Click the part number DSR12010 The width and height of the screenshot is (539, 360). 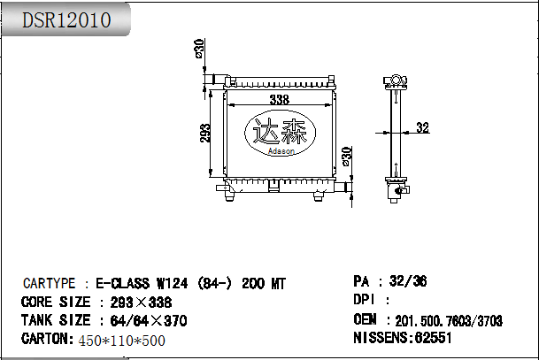click(x=66, y=20)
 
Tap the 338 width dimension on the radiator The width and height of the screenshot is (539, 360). click(x=280, y=100)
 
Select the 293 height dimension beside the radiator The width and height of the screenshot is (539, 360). click(x=204, y=133)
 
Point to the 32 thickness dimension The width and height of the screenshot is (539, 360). click(x=423, y=127)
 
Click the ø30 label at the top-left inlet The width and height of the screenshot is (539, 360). click(x=199, y=49)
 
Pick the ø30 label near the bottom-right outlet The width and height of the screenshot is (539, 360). click(x=347, y=157)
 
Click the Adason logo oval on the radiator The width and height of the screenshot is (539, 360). click(x=281, y=133)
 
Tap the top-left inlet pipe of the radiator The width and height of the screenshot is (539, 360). click(x=216, y=80)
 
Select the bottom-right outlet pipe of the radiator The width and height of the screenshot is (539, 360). click(x=343, y=188)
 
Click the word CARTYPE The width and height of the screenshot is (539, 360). click(x=50, y=283)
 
